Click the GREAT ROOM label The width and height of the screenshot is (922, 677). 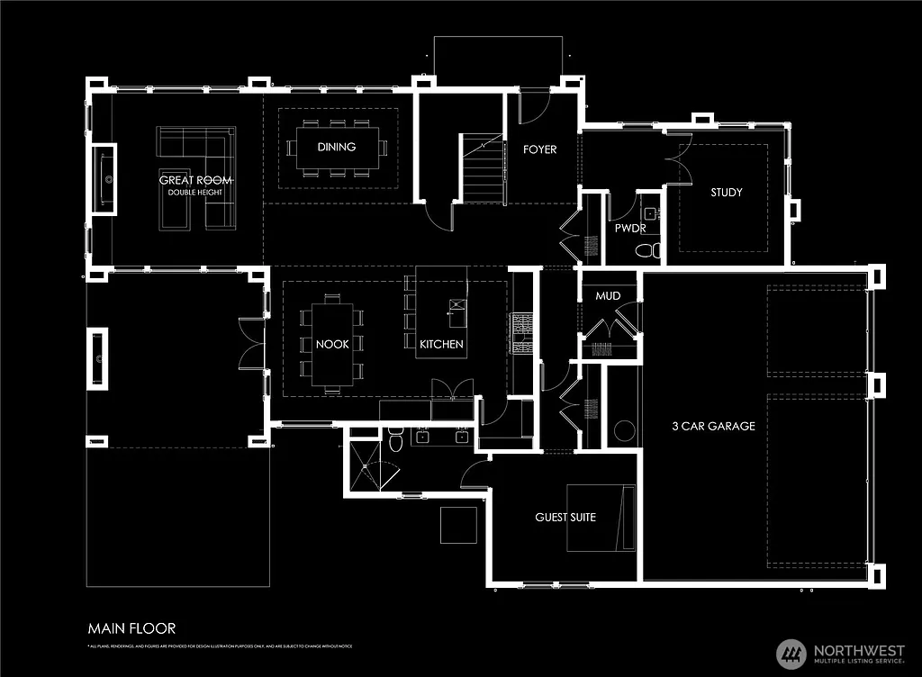(x=195, y=180)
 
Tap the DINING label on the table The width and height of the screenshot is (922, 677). (x=336, y=147)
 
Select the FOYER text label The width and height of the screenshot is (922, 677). (x=540, y=149)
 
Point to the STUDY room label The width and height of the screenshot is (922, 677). (x=726, y=192)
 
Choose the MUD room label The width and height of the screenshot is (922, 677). (x=608, y=295)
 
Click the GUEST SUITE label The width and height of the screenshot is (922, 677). (x=565, y=517)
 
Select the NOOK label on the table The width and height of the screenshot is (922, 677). (x=332, y=344)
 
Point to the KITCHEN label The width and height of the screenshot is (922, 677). (x=441, y=344)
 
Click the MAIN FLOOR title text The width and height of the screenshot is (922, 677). (x=131, y=627)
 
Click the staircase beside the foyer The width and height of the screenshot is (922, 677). (x=484, y=170)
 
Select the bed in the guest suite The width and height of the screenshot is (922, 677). (x=601, y=518)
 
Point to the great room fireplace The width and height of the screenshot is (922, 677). (x=105, y=179)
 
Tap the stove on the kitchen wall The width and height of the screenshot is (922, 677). (x=521, y=334)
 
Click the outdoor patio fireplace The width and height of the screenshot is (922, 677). (x=96, y=358)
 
